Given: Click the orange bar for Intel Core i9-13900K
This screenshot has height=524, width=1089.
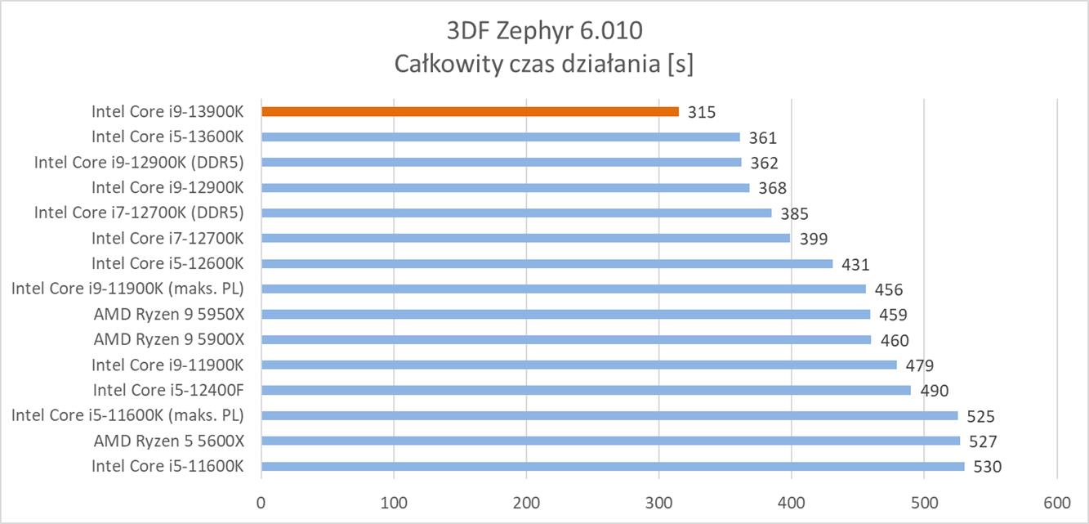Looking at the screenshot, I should point(470,111).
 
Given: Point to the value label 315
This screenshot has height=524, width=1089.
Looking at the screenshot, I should point(701,113).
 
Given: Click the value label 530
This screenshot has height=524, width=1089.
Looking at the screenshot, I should point(987,467).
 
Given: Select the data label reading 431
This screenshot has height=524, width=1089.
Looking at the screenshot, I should point(855,265).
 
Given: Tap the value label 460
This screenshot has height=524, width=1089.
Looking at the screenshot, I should point(894,341).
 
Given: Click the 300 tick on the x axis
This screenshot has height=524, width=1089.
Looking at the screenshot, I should point(659,500).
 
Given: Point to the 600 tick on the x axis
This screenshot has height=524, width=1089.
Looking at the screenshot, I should point(1057,500).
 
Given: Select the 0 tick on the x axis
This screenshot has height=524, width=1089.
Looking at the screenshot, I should point(261,500).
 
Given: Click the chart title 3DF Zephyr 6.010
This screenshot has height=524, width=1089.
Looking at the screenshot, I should point(544,31).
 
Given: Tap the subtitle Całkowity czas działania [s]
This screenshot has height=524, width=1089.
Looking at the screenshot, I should point(544,64).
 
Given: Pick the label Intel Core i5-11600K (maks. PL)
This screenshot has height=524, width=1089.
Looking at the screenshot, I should point(127,415).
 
